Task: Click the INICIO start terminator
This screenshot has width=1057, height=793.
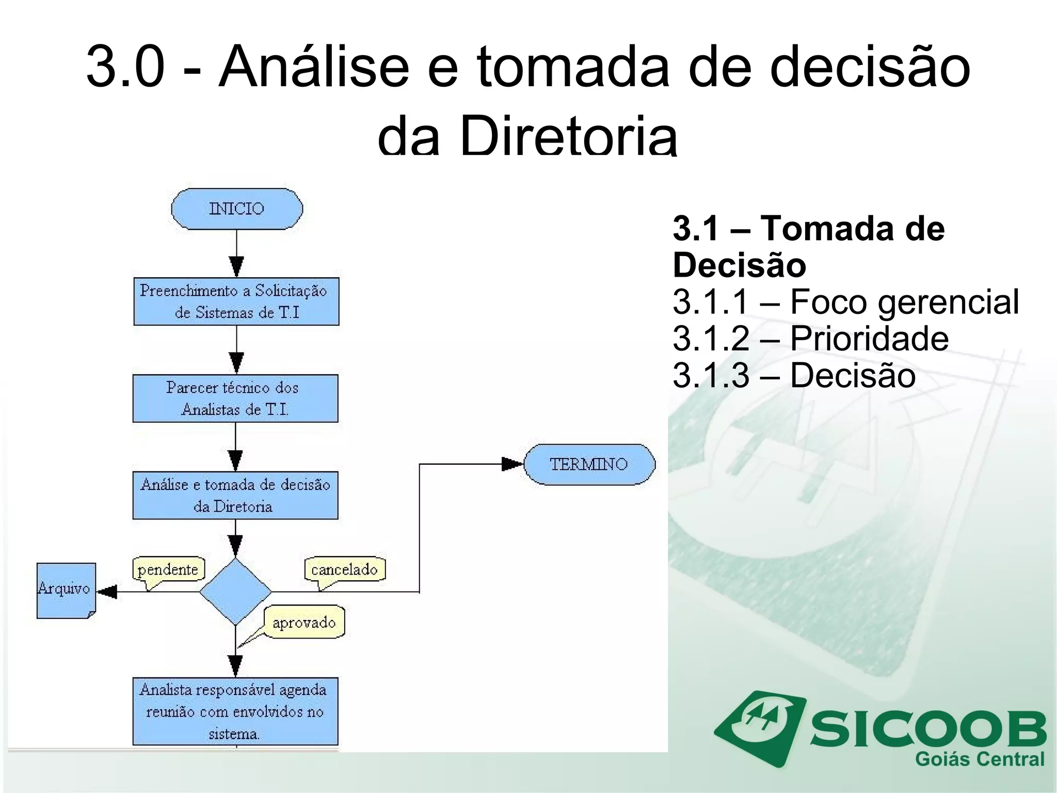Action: pyautogui.click(x=237, y=209)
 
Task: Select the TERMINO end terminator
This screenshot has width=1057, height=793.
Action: pyautogui.click(x=589, y=464)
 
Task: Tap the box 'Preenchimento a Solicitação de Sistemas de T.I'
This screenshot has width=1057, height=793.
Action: pyautogui.click(x=236, y=302)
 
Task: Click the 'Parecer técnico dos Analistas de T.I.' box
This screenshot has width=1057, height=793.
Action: pyautogui.click(x=235, y=399)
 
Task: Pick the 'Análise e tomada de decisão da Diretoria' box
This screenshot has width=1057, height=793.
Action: pyautogui.click(x=235, y=495)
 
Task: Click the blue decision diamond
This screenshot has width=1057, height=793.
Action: pyautogui.click(x=235, y=592)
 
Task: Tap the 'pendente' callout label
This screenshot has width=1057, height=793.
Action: pyautogui.click(x=168, y=569)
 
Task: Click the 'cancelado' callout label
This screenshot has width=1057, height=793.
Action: pyautogui.click(x=344, y=569)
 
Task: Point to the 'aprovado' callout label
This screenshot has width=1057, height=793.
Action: pyautogui.click(x=304, y=622)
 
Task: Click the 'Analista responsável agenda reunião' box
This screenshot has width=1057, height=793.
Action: pyautogui.click(x=235, y=711)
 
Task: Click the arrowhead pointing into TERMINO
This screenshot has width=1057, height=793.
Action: pyautogui.click(x=513, y=464)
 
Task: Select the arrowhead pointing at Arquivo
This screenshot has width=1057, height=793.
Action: pyautogui.click(x=107, y=592)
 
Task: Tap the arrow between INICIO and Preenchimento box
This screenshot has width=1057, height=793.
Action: pyautogui.click(x=236, y=253)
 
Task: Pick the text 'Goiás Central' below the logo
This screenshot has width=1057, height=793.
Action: pyautogui.click(x=979, y=759)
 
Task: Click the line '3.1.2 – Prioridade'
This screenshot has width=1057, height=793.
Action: pyautogui.click(x=810, y=338)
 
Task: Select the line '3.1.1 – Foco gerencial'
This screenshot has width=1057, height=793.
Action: pyautogui.click(x=845, y=302)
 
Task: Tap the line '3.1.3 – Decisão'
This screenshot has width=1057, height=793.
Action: pyautogui.click(x=794, y=375)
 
